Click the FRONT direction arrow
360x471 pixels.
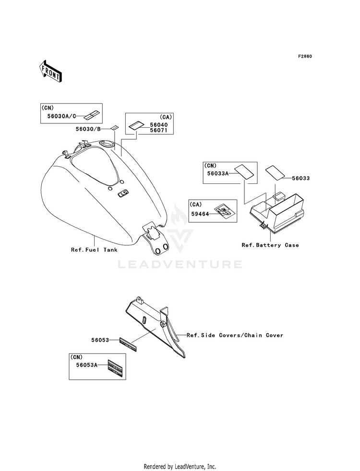[x=50, y=71]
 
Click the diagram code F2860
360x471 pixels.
[x=305, y=56]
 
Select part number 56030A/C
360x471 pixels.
[x=61, y=116]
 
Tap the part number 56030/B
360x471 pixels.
[x=88, y=129]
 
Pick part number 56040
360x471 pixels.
[x=159, y=125]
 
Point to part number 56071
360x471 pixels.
[x=159, y=131]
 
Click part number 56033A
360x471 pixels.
[x=218, y=173]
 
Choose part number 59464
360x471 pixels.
[x=201, y=214]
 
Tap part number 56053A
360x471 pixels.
[x=87, y=365]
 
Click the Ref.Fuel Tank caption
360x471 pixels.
[x=94, y=250]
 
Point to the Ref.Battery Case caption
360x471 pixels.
[x=270, y=245]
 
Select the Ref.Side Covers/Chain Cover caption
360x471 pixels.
[x=235, y=335]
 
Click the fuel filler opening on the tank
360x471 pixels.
[x=107, y=144]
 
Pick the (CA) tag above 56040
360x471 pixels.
[x=166, y=117]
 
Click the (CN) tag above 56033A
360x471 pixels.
[x=210, y=166]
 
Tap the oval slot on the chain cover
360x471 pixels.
[x=144, y=320]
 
